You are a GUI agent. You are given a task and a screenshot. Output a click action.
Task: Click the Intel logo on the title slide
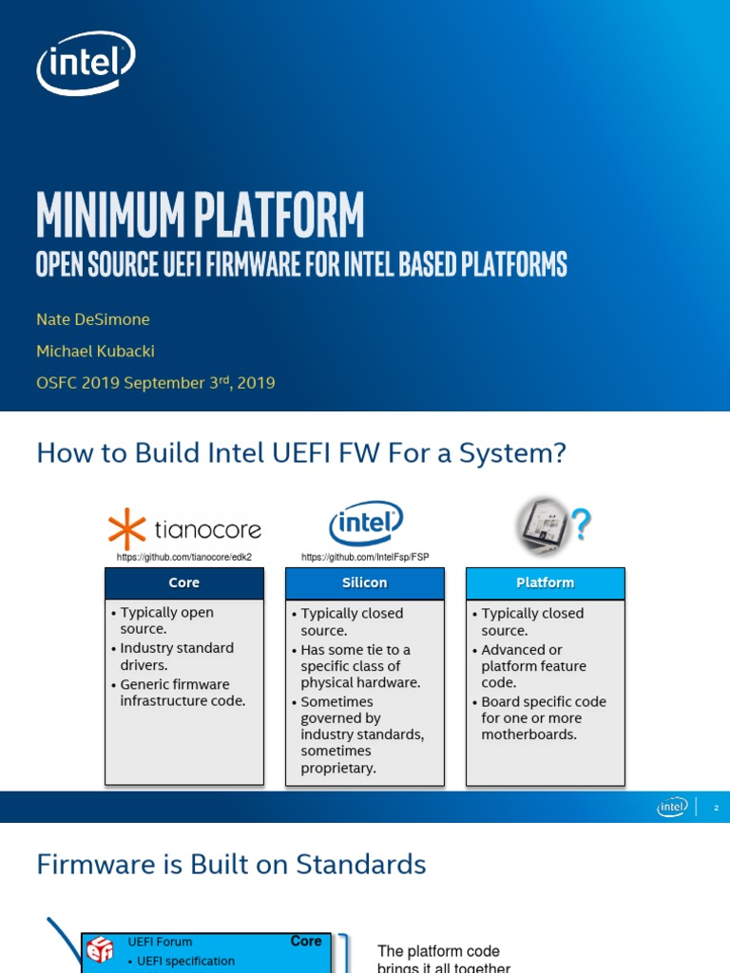pyautogui.click(x=86, y=64)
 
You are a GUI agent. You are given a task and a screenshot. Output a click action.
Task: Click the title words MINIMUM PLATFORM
pyautogui.click(x=200, y=215)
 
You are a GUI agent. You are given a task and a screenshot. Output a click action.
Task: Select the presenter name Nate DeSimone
pyautogui.click(x=93, y=319)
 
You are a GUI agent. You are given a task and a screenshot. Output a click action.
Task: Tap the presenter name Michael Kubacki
pyautogui.click(x=95, y=351)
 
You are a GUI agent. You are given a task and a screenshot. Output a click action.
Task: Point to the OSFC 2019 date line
pyautogui.click(x=156, y=383)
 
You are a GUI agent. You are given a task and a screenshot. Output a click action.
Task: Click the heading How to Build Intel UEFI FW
pyautogui.click(x=300, y=453)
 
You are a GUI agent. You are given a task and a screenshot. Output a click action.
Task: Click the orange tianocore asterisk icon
pyautogui.click(x=125, y=529)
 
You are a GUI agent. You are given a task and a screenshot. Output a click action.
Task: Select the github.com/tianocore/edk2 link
pyautogui.click(x=184, y=557)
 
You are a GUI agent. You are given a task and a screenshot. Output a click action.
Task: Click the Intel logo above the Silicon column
pyautogui.click(x=366, y=525)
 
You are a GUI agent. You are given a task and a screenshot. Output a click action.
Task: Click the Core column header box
pyautogui.click(x=184, y=582)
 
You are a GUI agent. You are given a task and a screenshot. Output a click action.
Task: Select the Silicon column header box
pyautogui.click(x=365, y=582)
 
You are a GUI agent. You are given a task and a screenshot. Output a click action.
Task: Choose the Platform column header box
pyautogui.click(x=545, y=582)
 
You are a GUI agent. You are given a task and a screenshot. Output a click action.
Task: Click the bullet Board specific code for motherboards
pyautogui.click(x=543, y=718)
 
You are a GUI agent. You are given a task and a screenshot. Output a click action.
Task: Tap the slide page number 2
pyautogui.click(x=716, y=808)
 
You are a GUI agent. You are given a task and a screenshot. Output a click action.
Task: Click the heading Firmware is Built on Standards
pyautogui.click(x=231, y=864)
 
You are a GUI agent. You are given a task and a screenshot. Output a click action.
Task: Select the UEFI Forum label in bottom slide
pyautogui.click(x=160, y=942)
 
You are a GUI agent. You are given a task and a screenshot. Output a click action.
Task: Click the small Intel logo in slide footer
pyautogui.click(x=672, y=808)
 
